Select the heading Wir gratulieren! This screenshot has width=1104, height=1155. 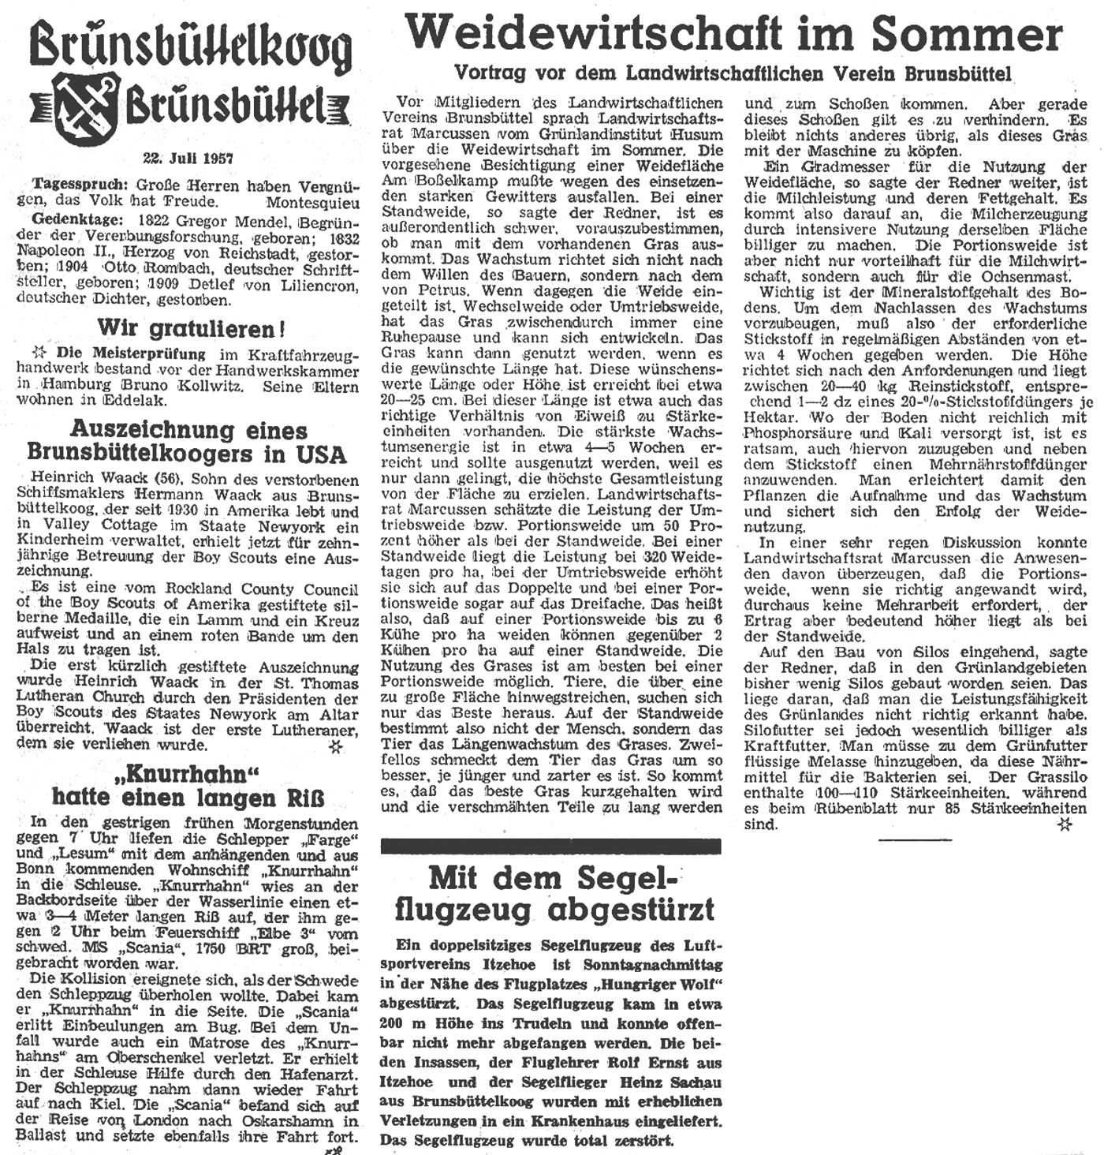coord(191,327)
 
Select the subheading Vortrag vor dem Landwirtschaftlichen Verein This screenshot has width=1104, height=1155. coord(732,73)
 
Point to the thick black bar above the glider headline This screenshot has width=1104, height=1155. coord(550,846)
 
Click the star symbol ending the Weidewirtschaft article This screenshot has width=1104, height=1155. coord(1065,824)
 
